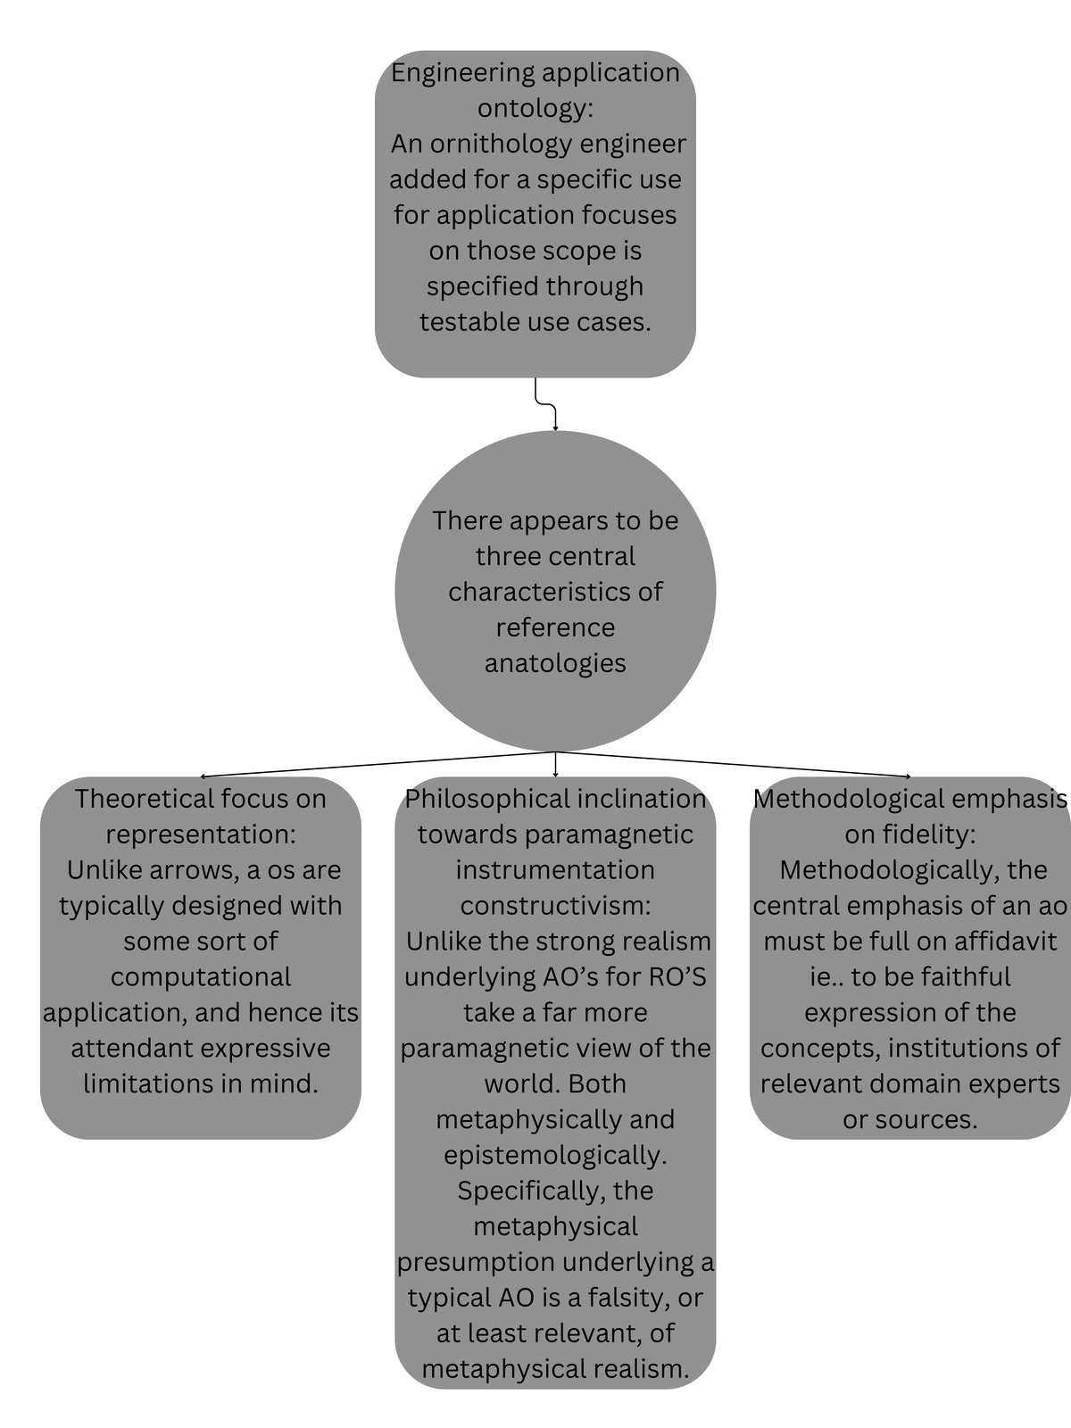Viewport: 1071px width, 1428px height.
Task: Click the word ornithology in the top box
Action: (506, 144)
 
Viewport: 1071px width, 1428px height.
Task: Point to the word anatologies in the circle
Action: (555, 663)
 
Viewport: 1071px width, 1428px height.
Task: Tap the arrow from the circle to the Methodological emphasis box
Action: (732, 765)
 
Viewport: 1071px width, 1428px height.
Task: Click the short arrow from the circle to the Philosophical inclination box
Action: (555, 764)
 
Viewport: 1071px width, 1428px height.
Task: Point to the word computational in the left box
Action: (201, 977)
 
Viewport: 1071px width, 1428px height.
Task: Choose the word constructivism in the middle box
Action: (555, 906)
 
